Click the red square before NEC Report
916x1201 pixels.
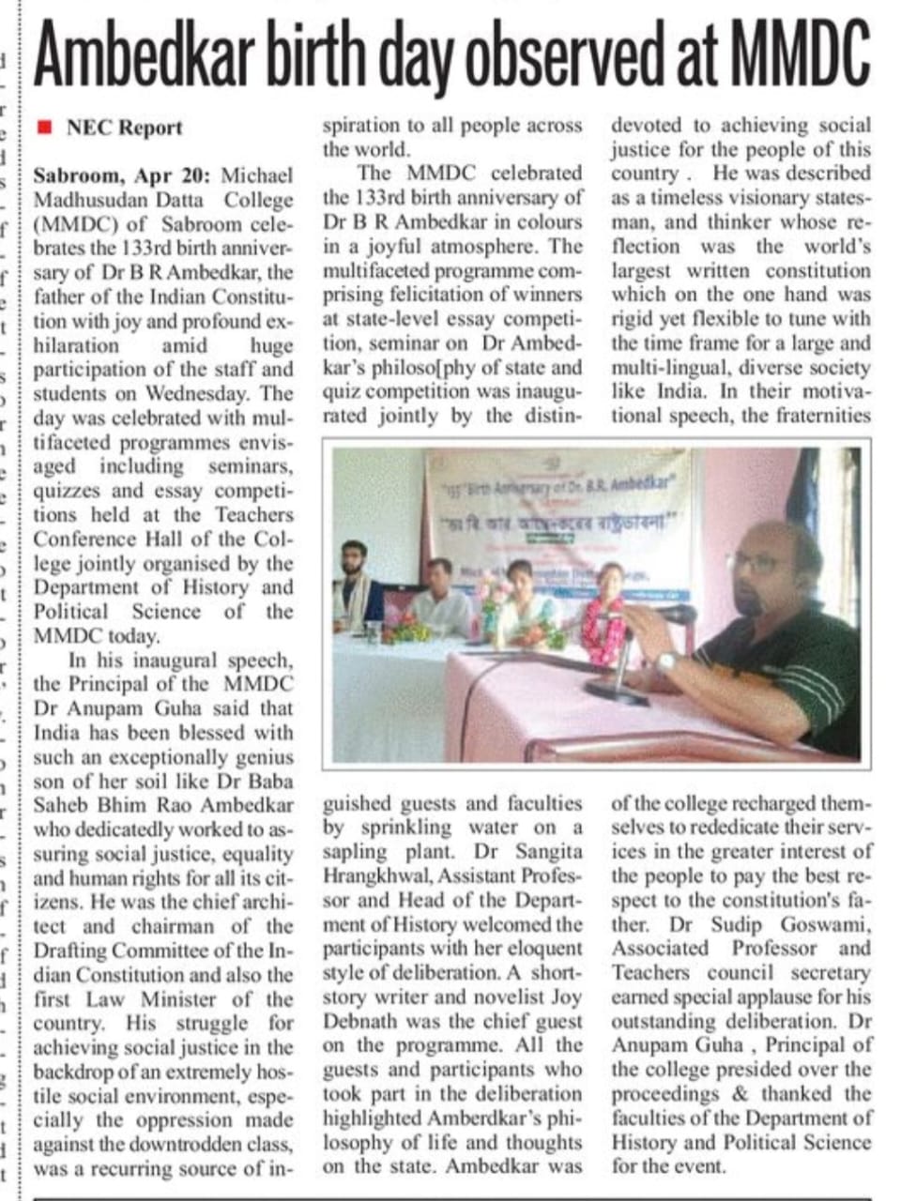42,127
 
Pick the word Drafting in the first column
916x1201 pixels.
69,950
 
